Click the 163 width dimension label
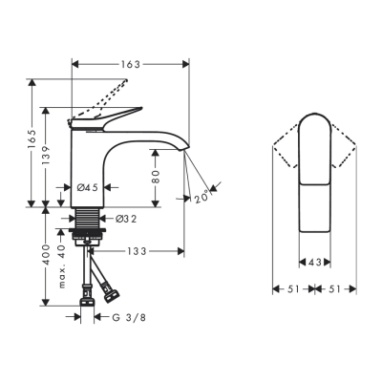pos(130,64)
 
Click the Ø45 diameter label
pos(89,186)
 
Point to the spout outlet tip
pos(183,149)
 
